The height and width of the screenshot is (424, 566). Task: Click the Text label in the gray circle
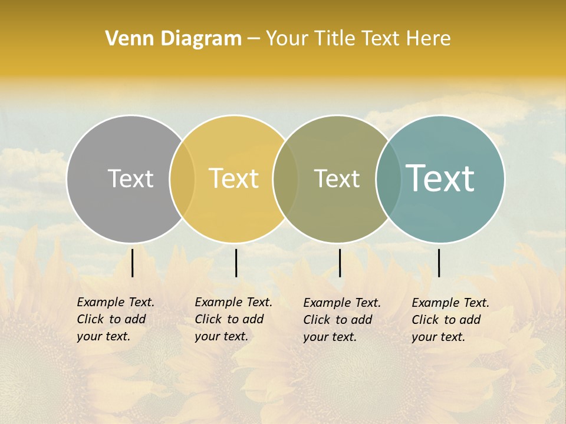pos(130,178)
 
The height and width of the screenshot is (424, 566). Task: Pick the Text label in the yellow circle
pos(233,178)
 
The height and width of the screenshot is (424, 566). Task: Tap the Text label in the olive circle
pos(337,178)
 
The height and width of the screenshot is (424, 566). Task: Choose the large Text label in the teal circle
pos(440,178)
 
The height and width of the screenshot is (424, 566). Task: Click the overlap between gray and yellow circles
pos(182,179)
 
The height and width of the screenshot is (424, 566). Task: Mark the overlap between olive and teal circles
pos(388,179)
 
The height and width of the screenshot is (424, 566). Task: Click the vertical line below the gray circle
pos(133,263)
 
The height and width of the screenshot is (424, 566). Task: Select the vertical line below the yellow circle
pos(236,263)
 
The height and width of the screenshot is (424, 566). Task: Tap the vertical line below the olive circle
pos(340,263)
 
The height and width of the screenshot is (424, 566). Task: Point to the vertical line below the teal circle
pos(439,263)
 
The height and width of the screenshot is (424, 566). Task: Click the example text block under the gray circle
pos(116,319)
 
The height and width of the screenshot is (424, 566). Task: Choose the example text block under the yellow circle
pos(233,319)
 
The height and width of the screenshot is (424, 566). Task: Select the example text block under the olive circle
pos(342,320)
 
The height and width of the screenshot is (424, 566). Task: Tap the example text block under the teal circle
pos(450,320)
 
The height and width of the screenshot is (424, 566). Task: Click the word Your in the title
pos(287,39)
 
